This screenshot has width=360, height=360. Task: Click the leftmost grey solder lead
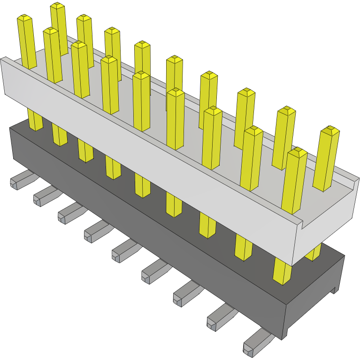[19, 180]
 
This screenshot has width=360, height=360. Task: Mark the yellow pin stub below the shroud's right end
[313, 254]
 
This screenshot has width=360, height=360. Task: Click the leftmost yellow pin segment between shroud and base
[35, 120]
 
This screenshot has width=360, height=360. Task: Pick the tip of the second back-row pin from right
[285, 111]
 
